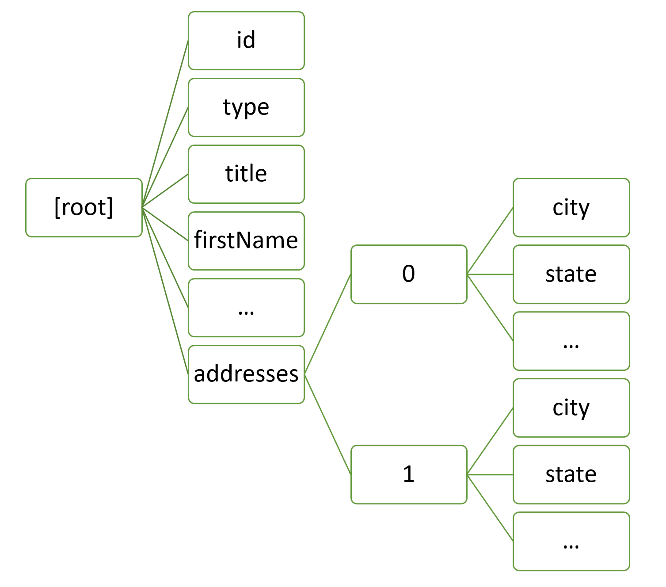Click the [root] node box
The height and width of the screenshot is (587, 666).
point(84,208)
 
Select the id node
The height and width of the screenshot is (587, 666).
point(246,41)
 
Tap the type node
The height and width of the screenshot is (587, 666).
point(246,107)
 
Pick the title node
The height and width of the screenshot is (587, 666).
point(246,174)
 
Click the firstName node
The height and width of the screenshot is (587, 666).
point(246,241)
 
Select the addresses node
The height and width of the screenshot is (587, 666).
point(246,374)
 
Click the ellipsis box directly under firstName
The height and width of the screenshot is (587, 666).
point(246,308)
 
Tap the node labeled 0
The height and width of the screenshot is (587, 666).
point(409,274)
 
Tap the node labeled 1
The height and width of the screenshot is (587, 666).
point(409,475)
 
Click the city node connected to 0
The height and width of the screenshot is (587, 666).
point(571,208)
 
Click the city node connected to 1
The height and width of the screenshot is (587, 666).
point(571,408)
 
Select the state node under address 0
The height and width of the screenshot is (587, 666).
point(571,274)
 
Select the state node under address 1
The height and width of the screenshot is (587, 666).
point(571,475)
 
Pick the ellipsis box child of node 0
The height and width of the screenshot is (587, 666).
point(571,341)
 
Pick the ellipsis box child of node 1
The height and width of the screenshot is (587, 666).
point(571,541)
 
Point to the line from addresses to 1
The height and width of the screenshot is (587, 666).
point(327,424)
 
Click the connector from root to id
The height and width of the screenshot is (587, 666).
point(165,124)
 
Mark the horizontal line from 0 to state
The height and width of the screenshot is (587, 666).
point(490,274)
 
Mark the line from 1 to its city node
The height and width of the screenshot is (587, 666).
point(490,441)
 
